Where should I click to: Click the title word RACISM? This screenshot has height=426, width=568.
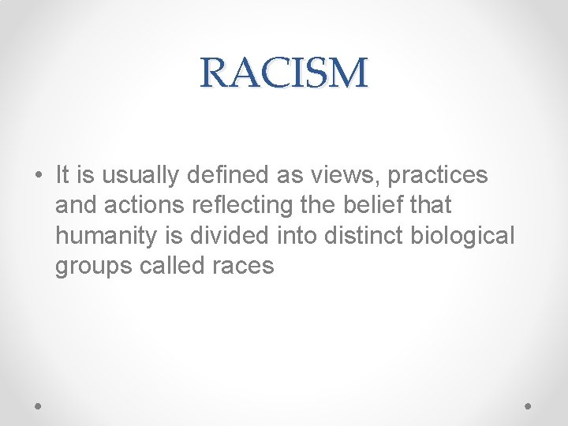click(x=284, y=73)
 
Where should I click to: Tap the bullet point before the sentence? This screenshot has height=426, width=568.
click(x=38, y=175)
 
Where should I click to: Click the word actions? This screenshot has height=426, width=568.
click(x=140, y=205)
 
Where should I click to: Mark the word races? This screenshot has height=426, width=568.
click(x=243, y=266)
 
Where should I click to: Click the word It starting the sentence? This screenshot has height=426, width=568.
click(x=64, y=175)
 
